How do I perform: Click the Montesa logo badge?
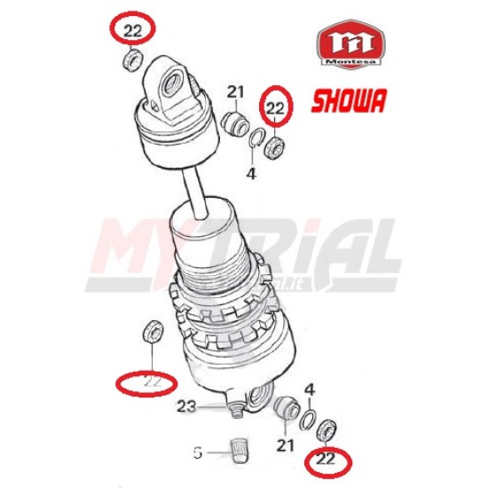pos(351,43)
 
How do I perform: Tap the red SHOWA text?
pos(349,100)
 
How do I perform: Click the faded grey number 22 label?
pos(153,382)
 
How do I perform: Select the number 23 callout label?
pos(186,406)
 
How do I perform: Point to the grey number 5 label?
pos(198,453)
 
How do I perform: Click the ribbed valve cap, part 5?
pos(238,451)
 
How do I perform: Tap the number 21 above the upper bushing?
pos(235,92)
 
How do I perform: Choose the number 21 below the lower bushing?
pos(285,445)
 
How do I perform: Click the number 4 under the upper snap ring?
pos(251,173)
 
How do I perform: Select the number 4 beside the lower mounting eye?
pos(310,390)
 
